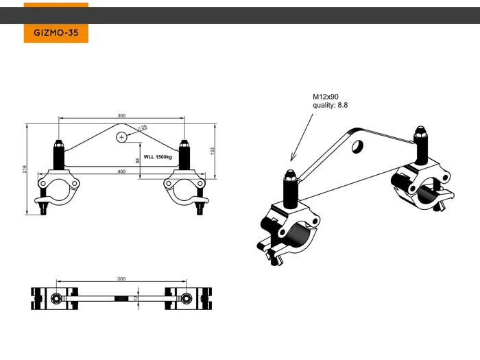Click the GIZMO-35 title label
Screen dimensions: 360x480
[56, 32]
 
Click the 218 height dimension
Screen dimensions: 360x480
[24, 169]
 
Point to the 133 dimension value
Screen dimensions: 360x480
[213, 149]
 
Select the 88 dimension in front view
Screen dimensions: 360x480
[139, 160]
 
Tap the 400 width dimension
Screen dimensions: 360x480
[121, 171]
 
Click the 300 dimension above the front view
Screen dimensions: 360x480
[121, 116]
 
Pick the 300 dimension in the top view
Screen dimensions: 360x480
[121, 279]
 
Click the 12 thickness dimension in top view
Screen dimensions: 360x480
[136, 298]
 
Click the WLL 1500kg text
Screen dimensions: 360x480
[157, 158]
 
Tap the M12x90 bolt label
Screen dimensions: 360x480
[326, 97]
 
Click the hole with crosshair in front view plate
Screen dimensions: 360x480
[122, 137]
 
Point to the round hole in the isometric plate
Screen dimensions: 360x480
[357, 146]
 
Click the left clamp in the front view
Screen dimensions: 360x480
[58, 189]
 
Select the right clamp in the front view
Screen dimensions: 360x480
[184, 189]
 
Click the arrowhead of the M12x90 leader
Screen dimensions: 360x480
[291, 158]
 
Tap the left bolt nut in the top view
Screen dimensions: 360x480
[55, 298]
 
